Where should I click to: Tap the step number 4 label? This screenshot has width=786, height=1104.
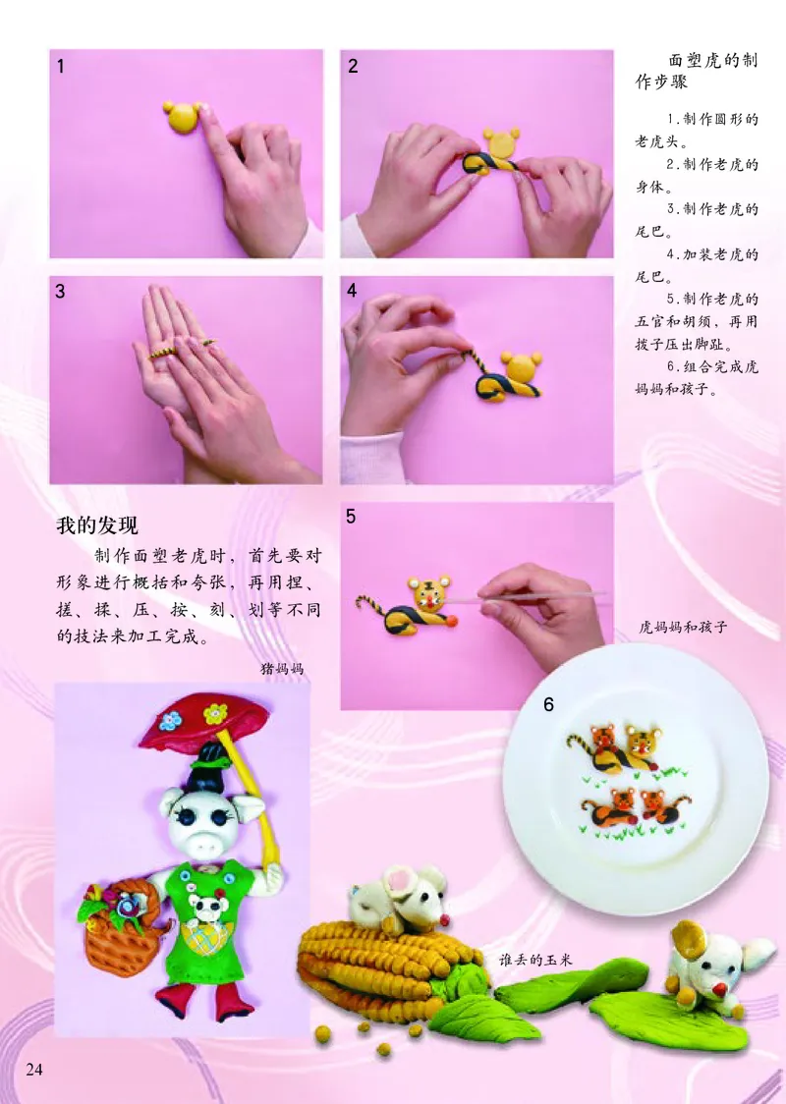(x=352, y=292)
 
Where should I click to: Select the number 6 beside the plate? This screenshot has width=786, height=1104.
(x=549, y=704)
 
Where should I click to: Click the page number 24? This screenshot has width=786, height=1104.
(x=35, y=1069)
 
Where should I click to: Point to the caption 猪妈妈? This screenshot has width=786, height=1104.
(x=282, y=669)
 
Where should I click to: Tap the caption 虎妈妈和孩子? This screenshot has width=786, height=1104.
(x=683, y=626)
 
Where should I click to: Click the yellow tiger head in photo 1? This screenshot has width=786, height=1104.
(x=183, y=118)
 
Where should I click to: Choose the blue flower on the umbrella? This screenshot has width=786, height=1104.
(x=172, y=721)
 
